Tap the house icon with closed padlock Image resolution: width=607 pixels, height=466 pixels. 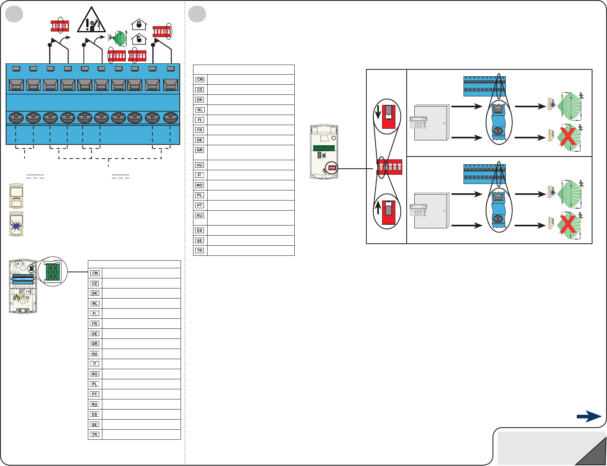(139, 25)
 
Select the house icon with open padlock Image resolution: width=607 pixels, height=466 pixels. (139, 39)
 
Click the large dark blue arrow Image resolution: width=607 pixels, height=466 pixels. (589, 417)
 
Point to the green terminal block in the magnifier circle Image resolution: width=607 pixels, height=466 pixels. (52, 271)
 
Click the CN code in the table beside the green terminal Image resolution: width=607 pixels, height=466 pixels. (95, 273)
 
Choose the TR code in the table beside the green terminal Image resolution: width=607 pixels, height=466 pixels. (95, 435)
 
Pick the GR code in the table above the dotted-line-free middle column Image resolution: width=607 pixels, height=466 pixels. (200, 150)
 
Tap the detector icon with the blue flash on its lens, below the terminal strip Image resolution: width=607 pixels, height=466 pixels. (16, 224)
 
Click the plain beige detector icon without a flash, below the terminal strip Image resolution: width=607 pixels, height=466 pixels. (16, 196)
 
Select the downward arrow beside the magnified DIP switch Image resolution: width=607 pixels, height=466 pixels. (378, 113)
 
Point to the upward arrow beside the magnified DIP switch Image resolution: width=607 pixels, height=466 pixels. (378, 208)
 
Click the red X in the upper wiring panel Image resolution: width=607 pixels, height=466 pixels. (568, 138)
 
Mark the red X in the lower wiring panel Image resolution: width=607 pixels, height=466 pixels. (568, 225)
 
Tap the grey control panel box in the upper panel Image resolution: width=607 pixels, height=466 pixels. (431, 123)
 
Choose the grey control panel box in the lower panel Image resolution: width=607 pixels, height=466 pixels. (431, 211)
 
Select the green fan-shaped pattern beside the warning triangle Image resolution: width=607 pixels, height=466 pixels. (119, 39)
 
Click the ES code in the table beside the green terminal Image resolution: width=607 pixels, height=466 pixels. (95, 414)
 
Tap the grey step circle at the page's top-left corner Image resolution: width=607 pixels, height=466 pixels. (14, 14)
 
